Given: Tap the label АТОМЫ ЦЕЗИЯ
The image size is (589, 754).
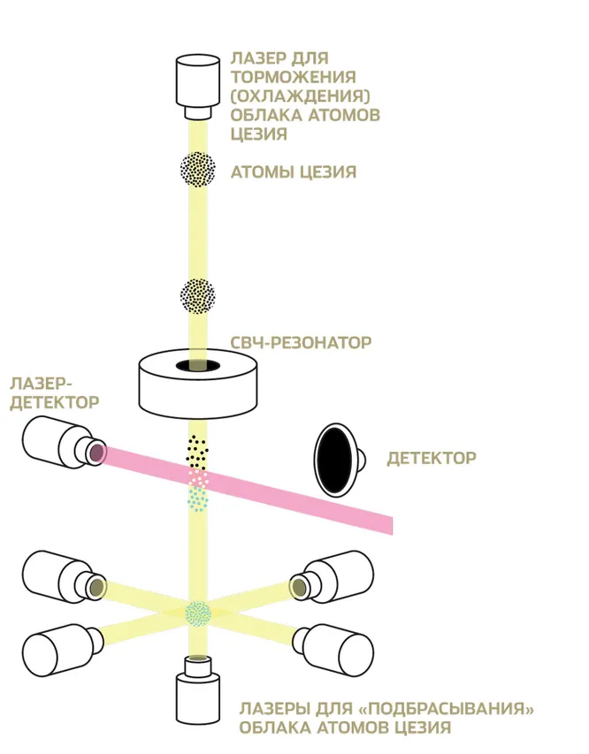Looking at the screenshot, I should point(293,172).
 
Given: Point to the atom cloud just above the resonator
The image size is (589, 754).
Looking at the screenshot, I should point(198,295).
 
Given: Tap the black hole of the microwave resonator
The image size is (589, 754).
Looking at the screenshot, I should point(197,366).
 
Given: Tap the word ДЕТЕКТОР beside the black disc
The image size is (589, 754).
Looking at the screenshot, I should point(432,458).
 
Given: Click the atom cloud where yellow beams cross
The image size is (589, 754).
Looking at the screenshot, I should point(198,612).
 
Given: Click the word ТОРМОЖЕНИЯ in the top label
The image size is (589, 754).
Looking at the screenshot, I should point(293,77).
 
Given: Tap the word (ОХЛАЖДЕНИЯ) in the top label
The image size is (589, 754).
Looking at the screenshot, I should point(299,96).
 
